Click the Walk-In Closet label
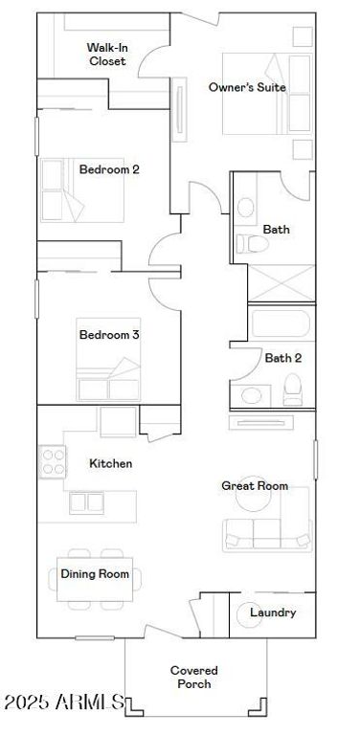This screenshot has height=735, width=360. (x=106, y=55)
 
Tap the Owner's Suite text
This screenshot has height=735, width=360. (x=247, y=87)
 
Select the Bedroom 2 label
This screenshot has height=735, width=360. (x=109, y=169)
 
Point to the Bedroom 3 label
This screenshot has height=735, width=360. (x=109, y=335)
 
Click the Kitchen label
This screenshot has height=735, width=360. (x=111, y=463)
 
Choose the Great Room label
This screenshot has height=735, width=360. (x=255, y=485)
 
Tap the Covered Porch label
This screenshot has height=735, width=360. (x=194, y=678)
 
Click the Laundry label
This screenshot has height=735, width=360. (x=273, y=612)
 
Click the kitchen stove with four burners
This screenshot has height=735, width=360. (x=53, y=461)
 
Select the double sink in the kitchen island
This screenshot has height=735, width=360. (x=87, y=503)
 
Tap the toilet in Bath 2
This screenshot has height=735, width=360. (x=293, y=390)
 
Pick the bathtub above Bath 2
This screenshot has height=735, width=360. (x=281, y=323)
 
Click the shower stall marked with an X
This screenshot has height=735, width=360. (x=281, y=283)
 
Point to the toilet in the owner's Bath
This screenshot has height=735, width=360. (x=252, y=244)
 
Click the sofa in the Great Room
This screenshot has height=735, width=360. (x=267, y=534)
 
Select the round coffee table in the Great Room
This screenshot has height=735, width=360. (x=252, y=501)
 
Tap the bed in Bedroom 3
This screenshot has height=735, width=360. (x=108, y=360)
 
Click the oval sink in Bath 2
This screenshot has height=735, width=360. (x=252, y=396)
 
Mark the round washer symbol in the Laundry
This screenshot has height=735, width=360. (x=249, y=614)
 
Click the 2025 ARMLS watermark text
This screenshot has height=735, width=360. (x=64, y=702)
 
